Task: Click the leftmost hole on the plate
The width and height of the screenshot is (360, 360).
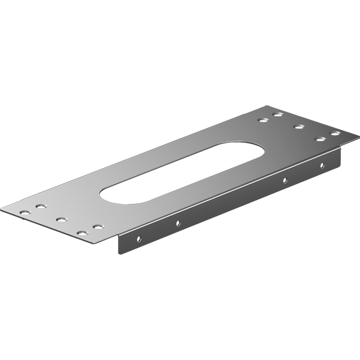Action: (x=24, y=212)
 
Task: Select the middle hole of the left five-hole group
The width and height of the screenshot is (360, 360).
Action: (x=61, y=220)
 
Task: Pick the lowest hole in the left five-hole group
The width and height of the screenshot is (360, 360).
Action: (x=81, y=233)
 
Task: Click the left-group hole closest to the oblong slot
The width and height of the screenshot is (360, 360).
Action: (x=97, y=226)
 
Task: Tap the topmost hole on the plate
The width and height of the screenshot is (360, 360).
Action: (x=278, y=114)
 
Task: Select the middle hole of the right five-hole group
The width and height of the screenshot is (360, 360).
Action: (x=299, y=126)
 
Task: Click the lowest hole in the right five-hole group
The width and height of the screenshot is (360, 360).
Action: (x=320, y=139)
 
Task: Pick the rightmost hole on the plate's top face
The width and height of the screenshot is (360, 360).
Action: (x=335, y=134)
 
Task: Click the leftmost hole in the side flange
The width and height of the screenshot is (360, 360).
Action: (x=138, y=239)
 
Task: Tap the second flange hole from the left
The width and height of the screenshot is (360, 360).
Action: (x=177, y=223)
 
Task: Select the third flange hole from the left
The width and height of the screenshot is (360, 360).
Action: (x=284, y=181)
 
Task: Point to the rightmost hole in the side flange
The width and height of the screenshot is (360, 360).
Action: (x=322, y=165)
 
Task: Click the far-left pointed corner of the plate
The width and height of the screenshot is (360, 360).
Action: (x=2, y=210)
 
